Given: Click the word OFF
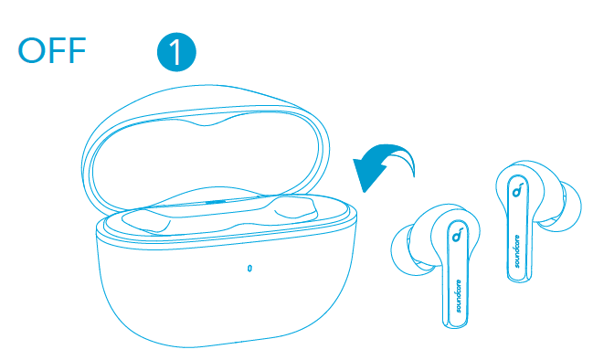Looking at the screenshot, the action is (x=52, y=50).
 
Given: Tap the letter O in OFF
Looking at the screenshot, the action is (x=31, y=50).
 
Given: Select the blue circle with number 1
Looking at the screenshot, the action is (x=176, y=52).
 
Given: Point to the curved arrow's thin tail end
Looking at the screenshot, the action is (x=413, y=175).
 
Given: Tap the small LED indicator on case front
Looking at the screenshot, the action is (x=249, y=268).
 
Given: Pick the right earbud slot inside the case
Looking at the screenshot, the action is (x=296, y=209).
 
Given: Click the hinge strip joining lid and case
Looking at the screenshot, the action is (x=217, y=202).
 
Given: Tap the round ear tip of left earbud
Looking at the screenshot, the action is (x=405, y=249).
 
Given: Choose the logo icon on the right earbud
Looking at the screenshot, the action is (x=517, y=190).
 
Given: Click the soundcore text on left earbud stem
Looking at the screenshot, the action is (x=459, y=296).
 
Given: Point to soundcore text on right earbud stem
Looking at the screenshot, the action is (x=517, y=251).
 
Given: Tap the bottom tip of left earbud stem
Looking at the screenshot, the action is (x=455, y=326).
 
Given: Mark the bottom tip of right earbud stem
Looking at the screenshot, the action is (x=519, y=281).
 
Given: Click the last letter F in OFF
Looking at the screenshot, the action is (x=77, y=50).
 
